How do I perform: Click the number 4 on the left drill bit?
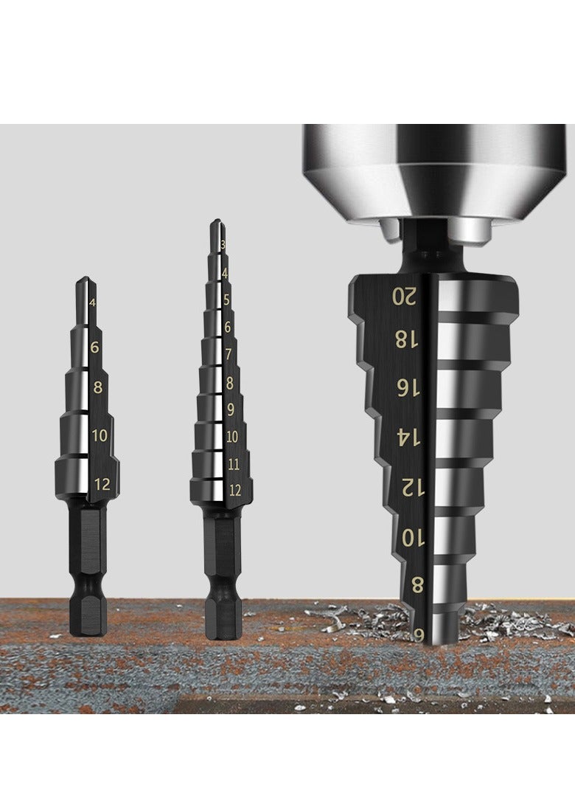coord(92,302)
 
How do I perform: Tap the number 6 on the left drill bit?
coord(95,347)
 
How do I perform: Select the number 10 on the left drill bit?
coord(100,435)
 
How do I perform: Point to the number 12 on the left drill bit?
coord(102,484)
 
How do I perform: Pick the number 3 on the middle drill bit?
coord(222,245)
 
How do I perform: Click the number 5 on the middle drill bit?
coord(226,300)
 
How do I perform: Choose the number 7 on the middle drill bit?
coord(229,354)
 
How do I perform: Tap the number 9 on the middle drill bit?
coord(231,409)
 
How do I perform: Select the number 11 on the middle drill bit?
coord(234,465)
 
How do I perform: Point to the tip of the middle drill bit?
coord(215,221)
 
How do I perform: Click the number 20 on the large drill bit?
coord(404,297)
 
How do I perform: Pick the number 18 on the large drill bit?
coord(405,340)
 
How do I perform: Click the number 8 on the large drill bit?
coord(417,587)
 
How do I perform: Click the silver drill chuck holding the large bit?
coord(434,170)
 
